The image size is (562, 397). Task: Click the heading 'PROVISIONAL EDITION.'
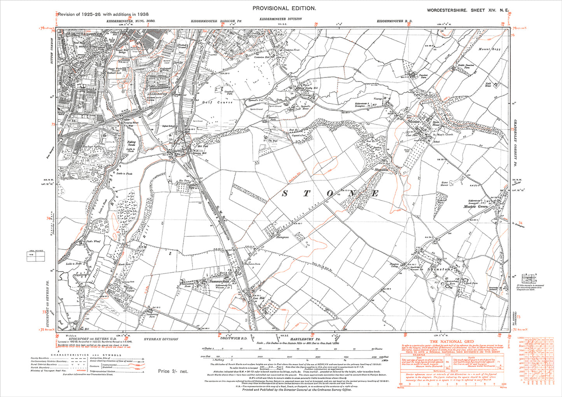click(284, 8)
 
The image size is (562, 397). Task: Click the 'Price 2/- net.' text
click(173, 371)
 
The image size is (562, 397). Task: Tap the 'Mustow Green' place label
click(476, 207)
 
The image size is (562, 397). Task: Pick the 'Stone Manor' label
click(445, 183)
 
